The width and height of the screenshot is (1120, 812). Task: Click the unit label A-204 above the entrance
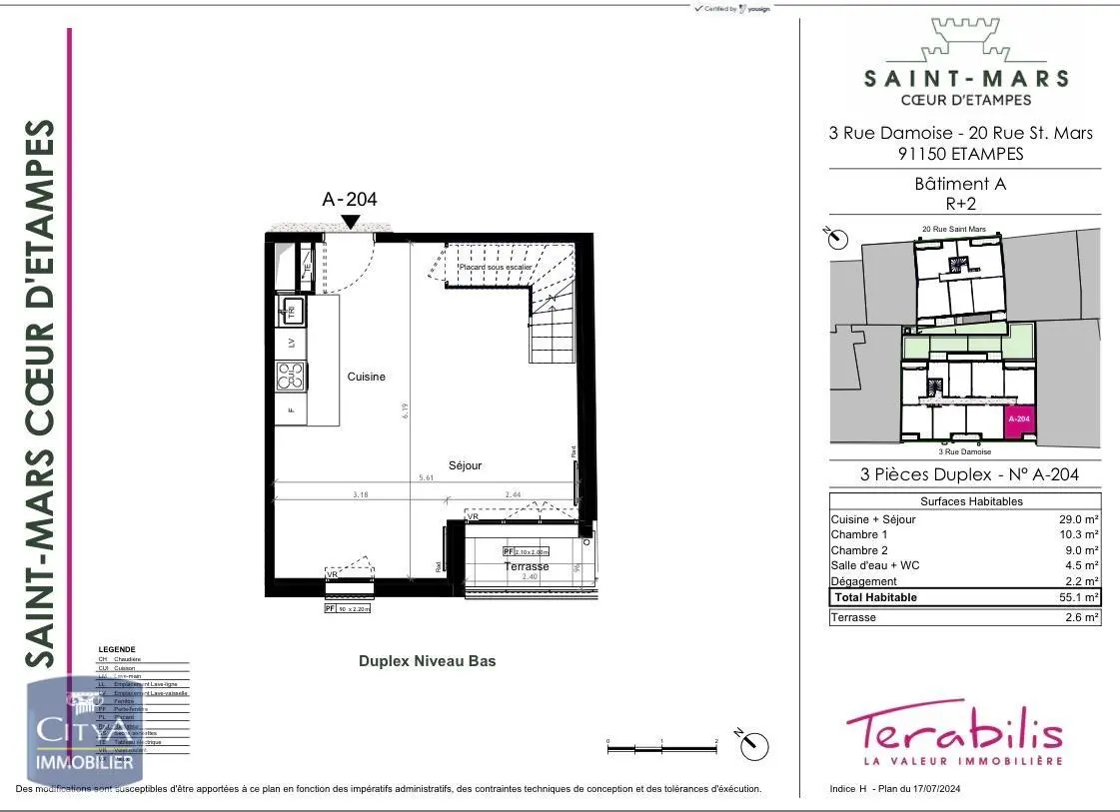pos(349,199)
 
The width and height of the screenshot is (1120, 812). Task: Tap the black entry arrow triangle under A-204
pos(351,222)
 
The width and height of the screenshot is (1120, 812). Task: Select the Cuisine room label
pos(366,377)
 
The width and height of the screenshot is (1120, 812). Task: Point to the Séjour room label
pos(465,465)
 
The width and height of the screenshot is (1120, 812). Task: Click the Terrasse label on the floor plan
pos(526,566)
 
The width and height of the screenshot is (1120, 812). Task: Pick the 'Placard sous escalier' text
pos(495,268)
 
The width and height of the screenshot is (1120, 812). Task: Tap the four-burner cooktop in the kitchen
pos(291,377)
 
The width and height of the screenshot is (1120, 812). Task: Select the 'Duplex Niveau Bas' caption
pos(427,661)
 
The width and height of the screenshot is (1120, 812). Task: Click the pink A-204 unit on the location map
pos(1018,420)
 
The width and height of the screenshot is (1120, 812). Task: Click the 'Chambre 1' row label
pos(858,535)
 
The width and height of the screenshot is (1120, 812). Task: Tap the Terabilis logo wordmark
pos(953,731)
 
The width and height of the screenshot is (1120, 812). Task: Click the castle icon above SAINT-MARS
pos(965,38)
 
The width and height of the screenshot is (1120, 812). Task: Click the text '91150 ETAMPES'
pos(960,154)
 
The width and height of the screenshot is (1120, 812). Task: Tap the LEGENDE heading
pos(117,649)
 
